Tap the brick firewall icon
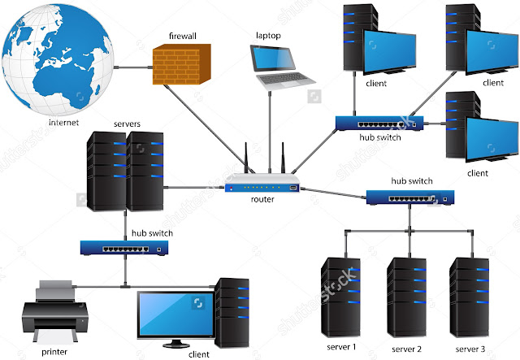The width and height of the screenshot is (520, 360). [x=182, y=66]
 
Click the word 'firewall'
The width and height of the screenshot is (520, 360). [x=184, y=37]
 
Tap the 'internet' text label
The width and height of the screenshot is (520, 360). [x=65, y=123]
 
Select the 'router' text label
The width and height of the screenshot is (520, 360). [x=262, y=198]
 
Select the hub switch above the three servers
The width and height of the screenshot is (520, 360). [x=409, y=197]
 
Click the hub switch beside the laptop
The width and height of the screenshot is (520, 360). [x=379, y=123]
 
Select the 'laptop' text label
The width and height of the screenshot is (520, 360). [x=267, y=36]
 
